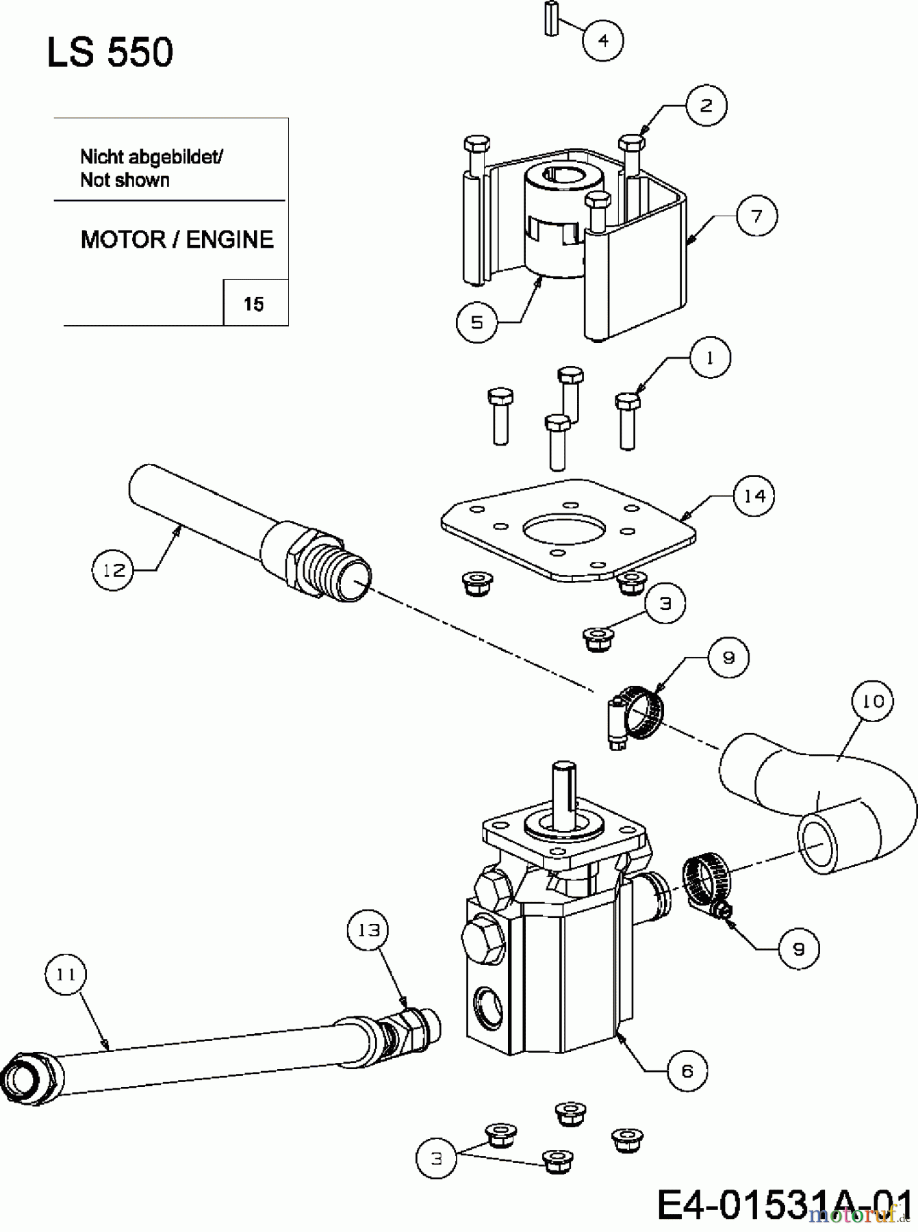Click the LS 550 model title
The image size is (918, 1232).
[110, 53]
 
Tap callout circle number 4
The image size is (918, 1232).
[602, 41]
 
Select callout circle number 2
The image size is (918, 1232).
[706, 105]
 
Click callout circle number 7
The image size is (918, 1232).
[756, 216]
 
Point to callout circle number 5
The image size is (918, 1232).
[477, 322]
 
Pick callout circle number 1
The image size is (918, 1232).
[709, 357]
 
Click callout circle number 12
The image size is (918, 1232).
[114, 569]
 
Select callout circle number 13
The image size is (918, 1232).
[369, 930]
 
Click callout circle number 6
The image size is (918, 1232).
[687, 1071]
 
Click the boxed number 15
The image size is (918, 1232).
[254, 304]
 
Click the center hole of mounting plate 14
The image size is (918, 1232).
[563, 529]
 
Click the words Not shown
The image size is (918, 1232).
[125, 180]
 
